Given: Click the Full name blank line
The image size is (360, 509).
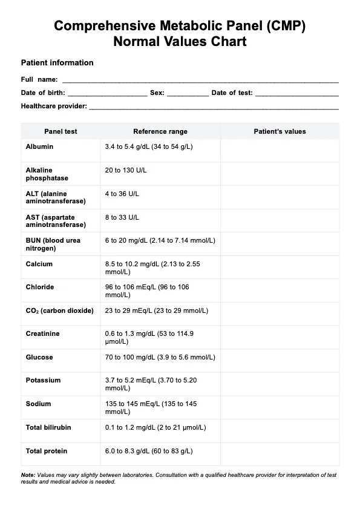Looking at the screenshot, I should click(200, 80).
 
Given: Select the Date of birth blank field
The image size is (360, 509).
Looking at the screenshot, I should click(107, 94).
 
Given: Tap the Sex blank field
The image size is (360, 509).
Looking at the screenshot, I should click(188, 94).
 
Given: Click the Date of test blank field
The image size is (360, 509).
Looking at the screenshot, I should click(296, 94).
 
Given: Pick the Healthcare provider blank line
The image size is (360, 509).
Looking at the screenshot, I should click(213, 107).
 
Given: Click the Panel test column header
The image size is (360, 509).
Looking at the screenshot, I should click(61, 131).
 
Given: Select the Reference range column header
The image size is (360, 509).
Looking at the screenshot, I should click(160, 131).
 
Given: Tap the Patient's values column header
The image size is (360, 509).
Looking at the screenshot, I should click(280, 131).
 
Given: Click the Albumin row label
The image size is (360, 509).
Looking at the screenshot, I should click(39, 146).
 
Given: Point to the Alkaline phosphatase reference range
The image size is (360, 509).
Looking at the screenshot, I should click(126, 171).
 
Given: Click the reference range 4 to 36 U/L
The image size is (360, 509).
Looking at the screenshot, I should click(122, 194).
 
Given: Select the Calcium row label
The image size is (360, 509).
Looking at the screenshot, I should click(39, 264).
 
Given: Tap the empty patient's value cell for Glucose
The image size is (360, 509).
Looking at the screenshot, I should click(280, 361).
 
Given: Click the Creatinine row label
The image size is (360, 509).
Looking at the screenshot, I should click(43, 333).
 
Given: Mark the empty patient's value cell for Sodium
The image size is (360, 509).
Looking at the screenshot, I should click(280, 407).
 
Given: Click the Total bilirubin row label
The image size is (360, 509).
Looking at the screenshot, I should click(48, 427).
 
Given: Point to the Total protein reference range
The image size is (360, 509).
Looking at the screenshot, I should click(149, 451).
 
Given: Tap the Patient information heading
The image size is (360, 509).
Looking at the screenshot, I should click(57, 62).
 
